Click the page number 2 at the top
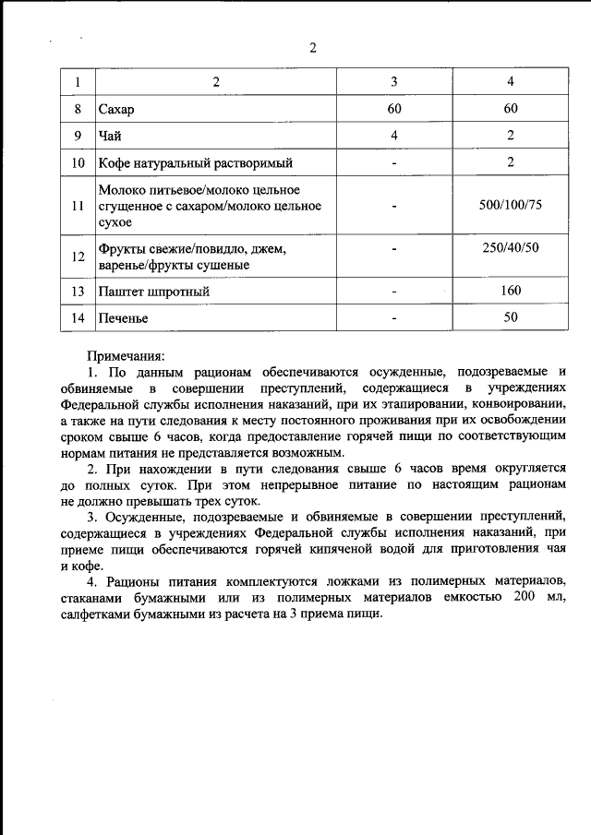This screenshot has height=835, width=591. (313, 49)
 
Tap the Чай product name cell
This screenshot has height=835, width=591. (110, 137)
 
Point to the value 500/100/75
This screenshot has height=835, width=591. (511, 204)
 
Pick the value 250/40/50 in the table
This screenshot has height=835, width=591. (511, 248)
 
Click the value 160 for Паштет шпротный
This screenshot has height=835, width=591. (511, 291)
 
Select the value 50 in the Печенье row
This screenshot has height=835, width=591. (511, 317)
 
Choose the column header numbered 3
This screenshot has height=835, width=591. (393, 82)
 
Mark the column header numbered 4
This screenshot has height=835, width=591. (511, 82)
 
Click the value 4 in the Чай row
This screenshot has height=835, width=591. (393, 137)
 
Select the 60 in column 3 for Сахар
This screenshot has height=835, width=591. (393, 110)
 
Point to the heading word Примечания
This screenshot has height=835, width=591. (126, 354)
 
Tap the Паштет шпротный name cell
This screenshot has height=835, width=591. (153, 292)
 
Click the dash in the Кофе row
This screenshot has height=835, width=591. (393, 163)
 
